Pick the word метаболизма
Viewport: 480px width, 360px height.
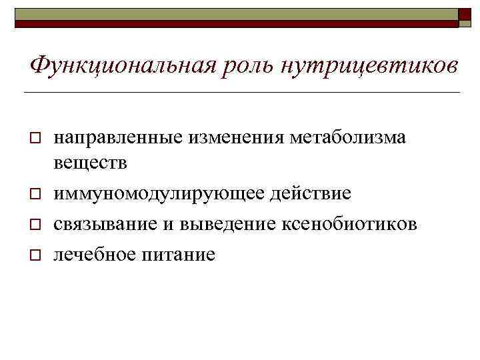point(348,137)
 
